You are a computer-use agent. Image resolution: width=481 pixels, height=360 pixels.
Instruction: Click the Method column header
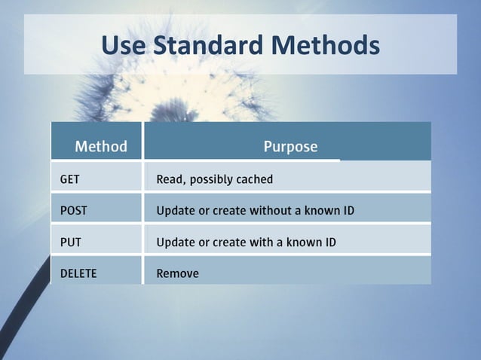pyautogui.click(x=100, y=146)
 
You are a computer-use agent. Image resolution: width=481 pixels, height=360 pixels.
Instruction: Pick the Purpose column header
pyautogui.click(x=290, y=146)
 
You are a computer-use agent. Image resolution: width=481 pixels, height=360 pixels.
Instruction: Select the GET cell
pyautogui.click(x=69, y=179)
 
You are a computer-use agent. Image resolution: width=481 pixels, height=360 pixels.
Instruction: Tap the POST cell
pyautogui.click(x=73, y=211)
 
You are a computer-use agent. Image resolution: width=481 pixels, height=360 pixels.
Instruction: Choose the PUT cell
pyautogui.click(x=70, y=243)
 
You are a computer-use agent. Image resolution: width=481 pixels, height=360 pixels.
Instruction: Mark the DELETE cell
pyautogui.click(x=78, y=273)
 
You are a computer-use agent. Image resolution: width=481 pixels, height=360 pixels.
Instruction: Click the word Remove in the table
pyautogui.click(x=177, y=273)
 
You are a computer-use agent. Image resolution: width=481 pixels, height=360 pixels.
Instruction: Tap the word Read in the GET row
pyautogui.click(x=170, y=179)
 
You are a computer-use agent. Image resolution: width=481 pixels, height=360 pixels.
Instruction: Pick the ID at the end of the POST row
pyautogui.click(x=348, y=211)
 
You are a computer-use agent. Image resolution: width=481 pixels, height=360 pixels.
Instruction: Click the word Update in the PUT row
pyautogui.click(x=175, y=243)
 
